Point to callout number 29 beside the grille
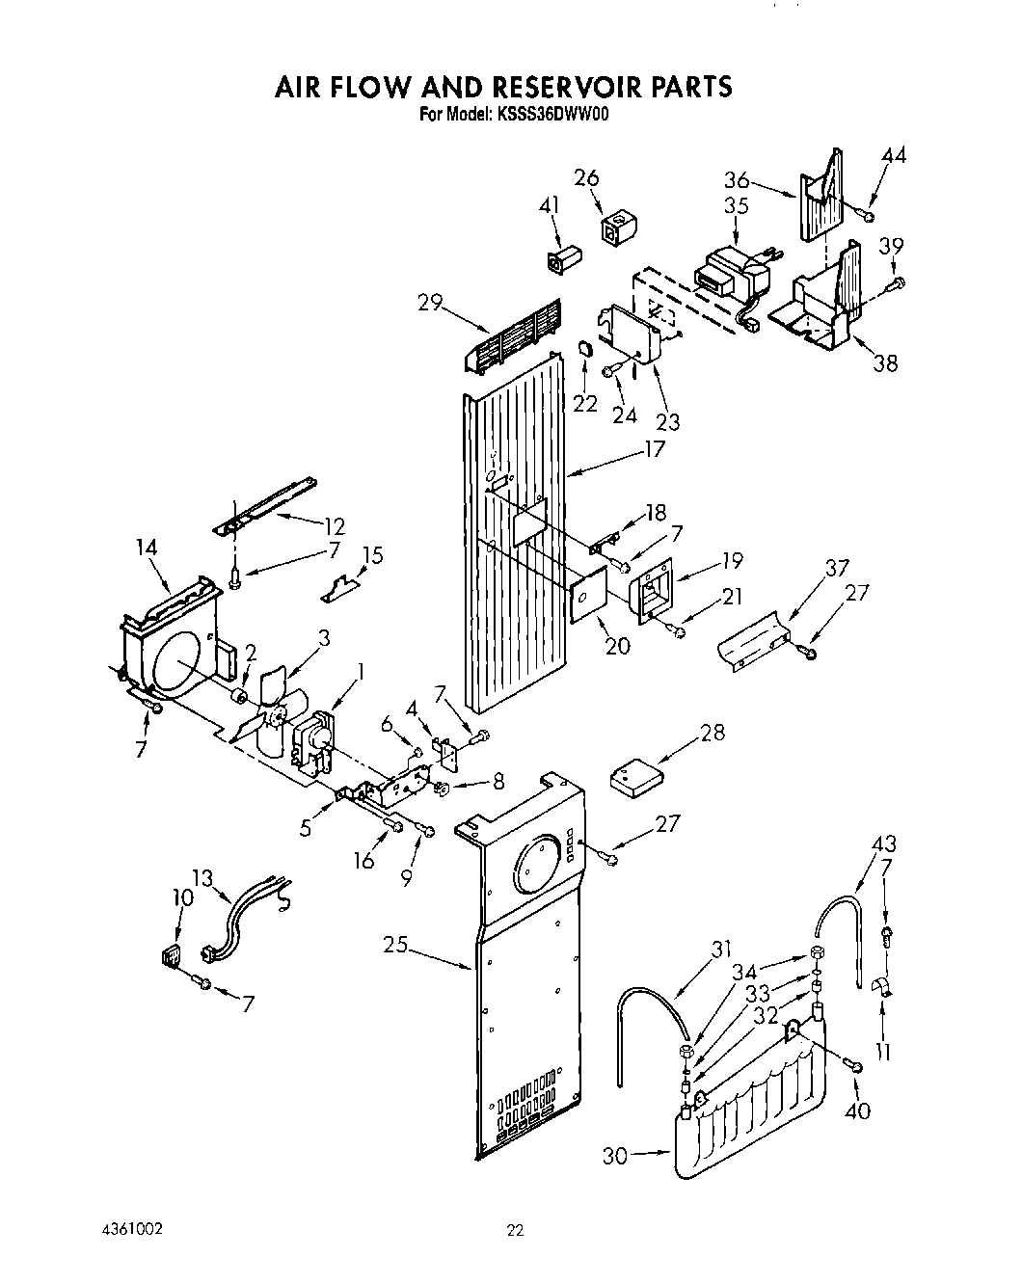coord(430,303)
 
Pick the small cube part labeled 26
coord(613,229)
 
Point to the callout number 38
coord(884,363)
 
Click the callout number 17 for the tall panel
coord(654,449)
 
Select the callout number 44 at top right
coord(894,156)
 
